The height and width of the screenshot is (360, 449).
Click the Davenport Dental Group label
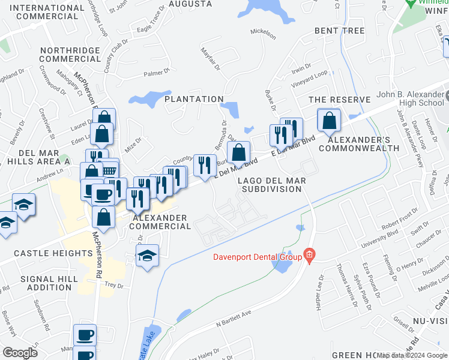[x=257, y=258]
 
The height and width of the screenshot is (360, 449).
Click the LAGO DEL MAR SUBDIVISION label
[x=271, y=185]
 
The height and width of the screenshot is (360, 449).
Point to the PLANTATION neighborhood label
[x=194, y=99]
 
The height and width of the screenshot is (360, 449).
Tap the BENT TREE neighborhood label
[x=339, y=30]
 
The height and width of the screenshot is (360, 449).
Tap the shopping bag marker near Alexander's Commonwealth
[x=329, y=122]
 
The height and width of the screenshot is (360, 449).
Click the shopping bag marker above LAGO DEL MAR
[x=239, y=153]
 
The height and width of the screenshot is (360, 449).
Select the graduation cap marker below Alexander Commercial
[x=147, y=256]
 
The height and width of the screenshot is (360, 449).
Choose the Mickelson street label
[x=263, y=31]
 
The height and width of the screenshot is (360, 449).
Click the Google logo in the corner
[x=20, y=352]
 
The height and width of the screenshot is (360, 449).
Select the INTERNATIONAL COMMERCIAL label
[x=44, y=11]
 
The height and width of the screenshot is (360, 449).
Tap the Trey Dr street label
[x=113, y=286]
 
